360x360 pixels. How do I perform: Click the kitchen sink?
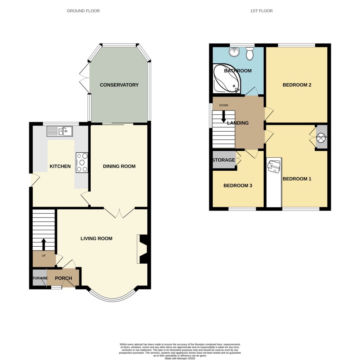(59, 132)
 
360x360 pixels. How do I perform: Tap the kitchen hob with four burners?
(82, 162)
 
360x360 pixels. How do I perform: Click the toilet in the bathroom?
(250, 54)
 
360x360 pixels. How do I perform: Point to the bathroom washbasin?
(234, 52)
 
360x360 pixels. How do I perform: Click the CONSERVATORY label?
(119, 85)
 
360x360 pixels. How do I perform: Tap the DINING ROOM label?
(119, 166)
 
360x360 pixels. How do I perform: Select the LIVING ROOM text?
(96, 238)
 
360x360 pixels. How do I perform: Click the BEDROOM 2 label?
(297, 85)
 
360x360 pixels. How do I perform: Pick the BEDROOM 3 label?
(238, 185)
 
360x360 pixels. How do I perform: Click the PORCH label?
(63, 278)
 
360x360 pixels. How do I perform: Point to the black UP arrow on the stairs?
(44, 244)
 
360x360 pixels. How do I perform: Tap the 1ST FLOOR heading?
(261, 11)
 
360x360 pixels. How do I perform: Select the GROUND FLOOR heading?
(83, 11)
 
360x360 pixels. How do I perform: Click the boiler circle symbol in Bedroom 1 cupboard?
(321, 138)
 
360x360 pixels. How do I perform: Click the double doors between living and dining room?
(119, 212)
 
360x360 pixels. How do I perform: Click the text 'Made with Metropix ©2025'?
(180, 358)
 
